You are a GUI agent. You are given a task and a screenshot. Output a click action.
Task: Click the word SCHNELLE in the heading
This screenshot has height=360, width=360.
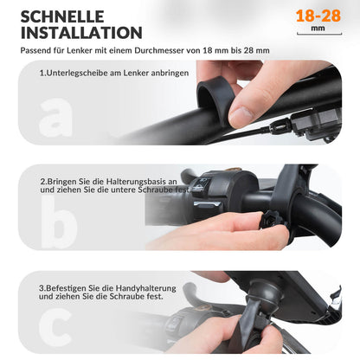(x=62, y=16)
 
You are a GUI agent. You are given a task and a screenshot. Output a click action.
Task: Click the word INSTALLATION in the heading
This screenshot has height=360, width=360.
(x=81, y=33)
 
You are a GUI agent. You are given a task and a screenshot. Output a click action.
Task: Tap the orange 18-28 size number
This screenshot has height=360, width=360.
(x=318, y=16)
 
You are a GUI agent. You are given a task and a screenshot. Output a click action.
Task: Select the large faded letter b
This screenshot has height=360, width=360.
(x=58, y=222)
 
